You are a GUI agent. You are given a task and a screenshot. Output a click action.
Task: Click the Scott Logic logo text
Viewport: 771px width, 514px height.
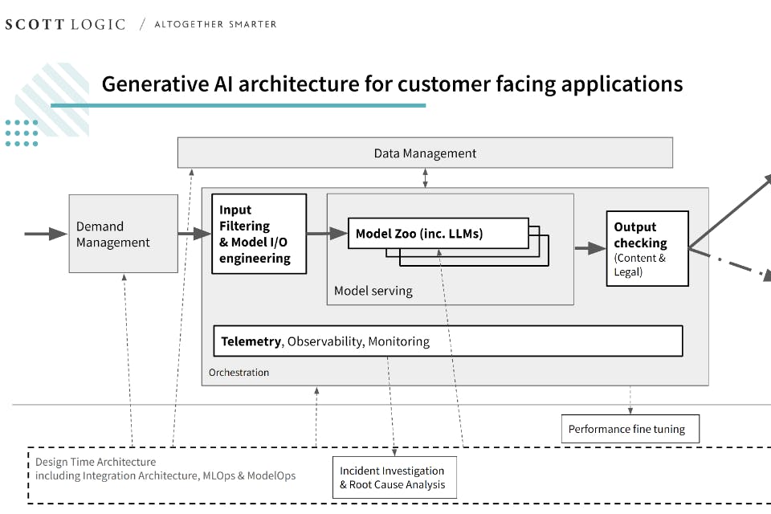pyautogui.click(x=65, y=24)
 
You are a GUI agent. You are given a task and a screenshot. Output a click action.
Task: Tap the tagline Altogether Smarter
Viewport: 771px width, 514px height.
pyautogui.click(x=215, y=24)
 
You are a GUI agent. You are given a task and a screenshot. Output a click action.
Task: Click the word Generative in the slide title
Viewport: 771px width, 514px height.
pyautogui.click(x=149, y=84)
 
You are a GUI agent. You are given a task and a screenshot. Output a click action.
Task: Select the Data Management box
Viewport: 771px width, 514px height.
pyautogui.click(x=425, y=153)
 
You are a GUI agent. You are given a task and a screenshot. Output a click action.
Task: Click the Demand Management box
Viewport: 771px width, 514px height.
pyautogui.click(x=123, y=234)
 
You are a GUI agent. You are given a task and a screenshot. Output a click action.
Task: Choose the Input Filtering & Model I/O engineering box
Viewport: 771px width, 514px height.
pyautogui.click(x=259, y=234)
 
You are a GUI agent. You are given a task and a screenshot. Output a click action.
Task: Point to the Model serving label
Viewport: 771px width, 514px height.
pyautogui.click(x=373, y=291)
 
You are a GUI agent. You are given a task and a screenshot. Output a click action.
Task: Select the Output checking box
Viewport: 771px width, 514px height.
pyautogui.click(x=647, y=248)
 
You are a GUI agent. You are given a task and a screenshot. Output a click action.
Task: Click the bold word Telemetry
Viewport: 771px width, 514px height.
pyautogui.click(x=251, y=341)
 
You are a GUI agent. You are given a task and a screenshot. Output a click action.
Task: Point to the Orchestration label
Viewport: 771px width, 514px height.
pyautogui.click(x=239, y=373)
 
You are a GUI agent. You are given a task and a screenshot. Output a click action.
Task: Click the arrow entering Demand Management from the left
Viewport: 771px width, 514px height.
pyautogui.click(x=46, y=234)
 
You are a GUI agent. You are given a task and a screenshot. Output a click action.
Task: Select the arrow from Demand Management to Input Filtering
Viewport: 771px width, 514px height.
pyautogui.click(x=194, y=234)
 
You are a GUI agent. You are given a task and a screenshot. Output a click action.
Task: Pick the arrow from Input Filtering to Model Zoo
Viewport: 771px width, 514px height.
pyautogui.click(x=327, y=234)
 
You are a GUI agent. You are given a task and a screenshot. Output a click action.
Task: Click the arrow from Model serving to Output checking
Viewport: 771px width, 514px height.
pyautogui.click(x=590, y=248)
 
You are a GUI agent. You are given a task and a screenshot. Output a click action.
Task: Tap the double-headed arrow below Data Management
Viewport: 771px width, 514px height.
pyautogui.click(x=426, y=178)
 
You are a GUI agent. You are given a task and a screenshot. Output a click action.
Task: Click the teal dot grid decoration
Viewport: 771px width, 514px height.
pyautogui.click(x=22, y=133)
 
